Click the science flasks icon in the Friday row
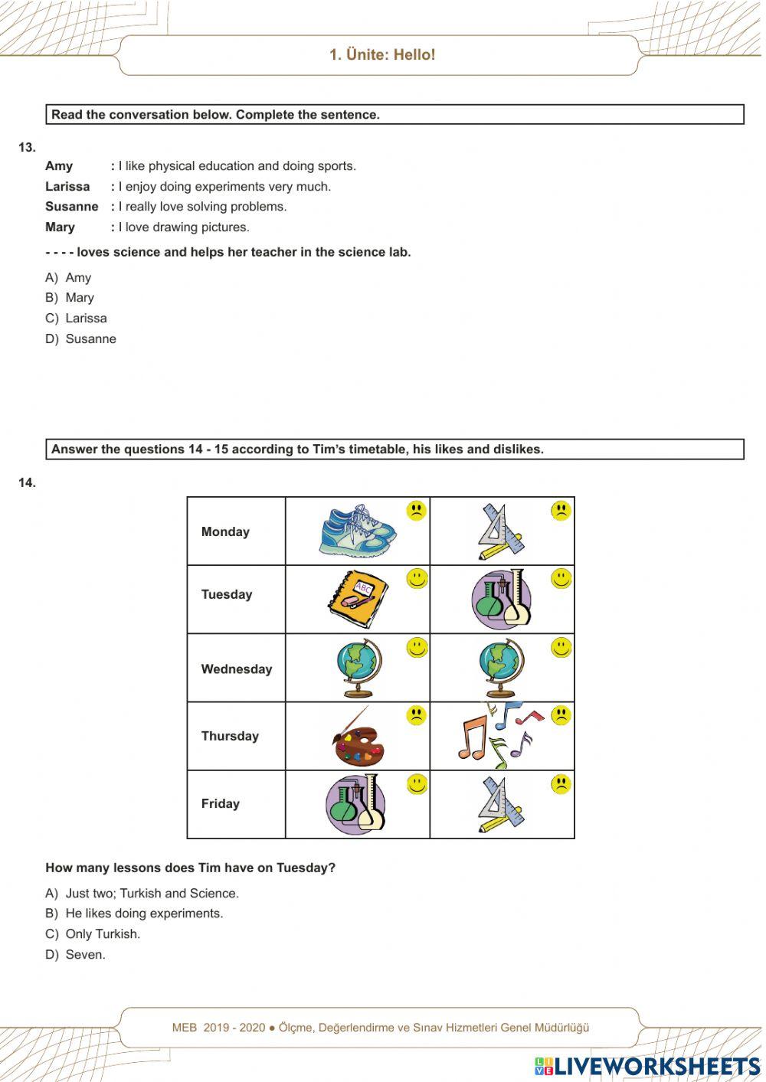(355, 804)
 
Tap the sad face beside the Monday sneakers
(416, 511)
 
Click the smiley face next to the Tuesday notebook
(417, 579)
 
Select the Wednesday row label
(236, 668)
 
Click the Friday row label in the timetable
(220, 803)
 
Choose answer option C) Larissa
(76, 318)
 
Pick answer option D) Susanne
(80, 338)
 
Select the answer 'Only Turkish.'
(93, 933)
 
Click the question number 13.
(27, 147)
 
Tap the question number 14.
(27, 482)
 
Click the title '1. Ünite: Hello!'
(382, 54)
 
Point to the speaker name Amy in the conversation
(59, 166)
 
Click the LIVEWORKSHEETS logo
(647, 1066)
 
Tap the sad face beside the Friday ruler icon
(561, 784)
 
